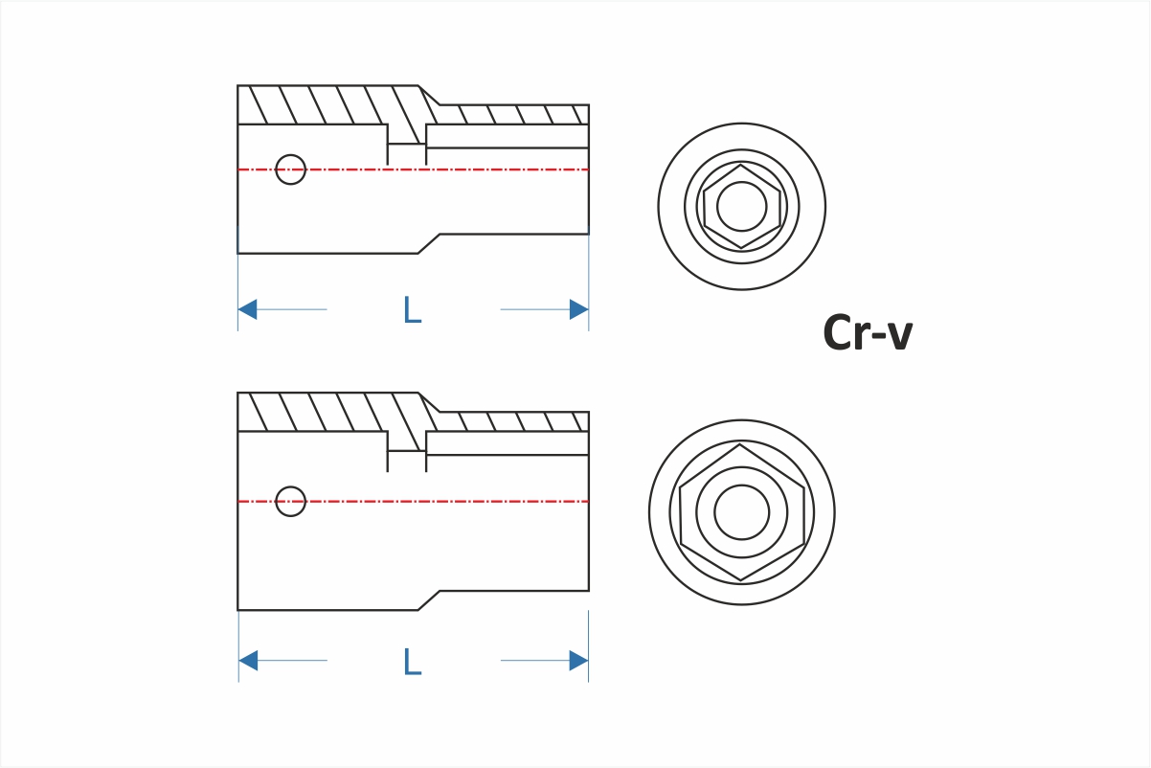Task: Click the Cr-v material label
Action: (x=868, y=333)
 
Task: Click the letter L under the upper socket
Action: (x=412, y=309)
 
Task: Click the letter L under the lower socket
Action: (x=412, y=661)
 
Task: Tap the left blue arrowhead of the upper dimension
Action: (x=247, y=309)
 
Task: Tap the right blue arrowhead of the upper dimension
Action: (x=578, y=309)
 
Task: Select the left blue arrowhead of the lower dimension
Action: (x=247, y=661)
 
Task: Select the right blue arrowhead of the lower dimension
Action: (x=578, y=661)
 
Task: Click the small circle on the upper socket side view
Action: (x=290, y=169)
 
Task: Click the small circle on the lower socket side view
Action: (x=290, y=501)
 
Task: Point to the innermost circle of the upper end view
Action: (x=742, y=207)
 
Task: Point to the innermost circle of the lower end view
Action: (x=742, y=511)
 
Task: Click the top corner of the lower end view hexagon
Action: (x=742, y=445)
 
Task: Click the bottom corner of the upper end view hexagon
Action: (x=742, y=248)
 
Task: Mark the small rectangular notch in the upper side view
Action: (x=407, y=155)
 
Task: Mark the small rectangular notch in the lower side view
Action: (x=407, y=462)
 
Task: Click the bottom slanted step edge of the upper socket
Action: (x=429, y=243)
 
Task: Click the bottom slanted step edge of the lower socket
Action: (x=429, y=599)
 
